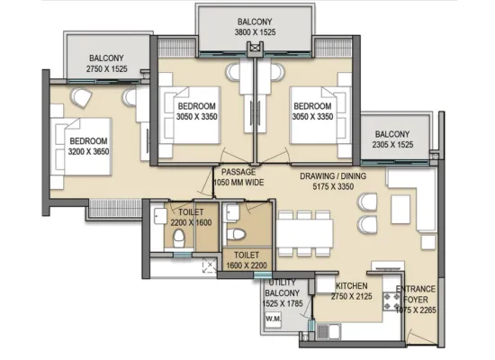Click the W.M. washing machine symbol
point(273,319)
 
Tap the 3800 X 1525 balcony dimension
point(255,32)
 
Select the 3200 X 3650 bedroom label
point(89,151)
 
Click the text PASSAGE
point(238,172)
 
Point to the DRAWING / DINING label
point(333,175)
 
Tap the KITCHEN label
point(351,286)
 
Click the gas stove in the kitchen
point(391,301)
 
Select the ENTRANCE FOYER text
point(416,294)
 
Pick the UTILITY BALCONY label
point(283,288)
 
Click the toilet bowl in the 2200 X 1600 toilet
point(179,238)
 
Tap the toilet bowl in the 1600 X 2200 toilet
point(236,234)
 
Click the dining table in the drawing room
point(305,233)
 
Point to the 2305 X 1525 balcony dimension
point(392,145)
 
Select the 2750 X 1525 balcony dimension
point(107,68)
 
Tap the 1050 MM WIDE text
point(238,183)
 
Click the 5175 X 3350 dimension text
point(333,186)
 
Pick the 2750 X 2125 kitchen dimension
point(351,296)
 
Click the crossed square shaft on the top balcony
point(255,48)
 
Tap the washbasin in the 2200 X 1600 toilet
point(160,216)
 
